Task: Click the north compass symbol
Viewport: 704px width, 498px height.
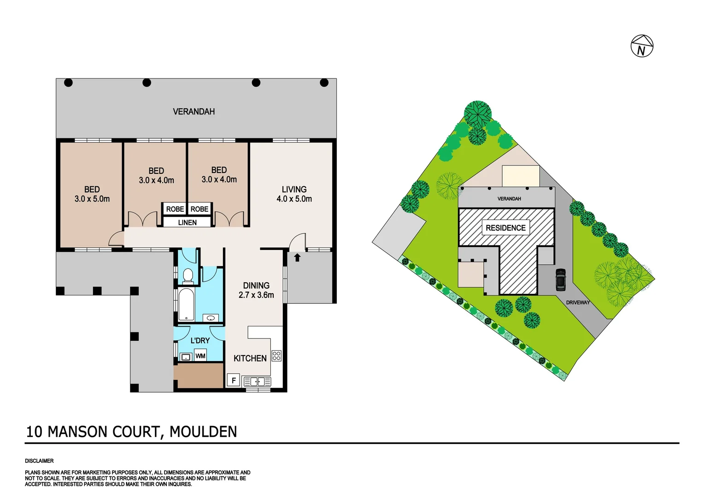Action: (642, 46)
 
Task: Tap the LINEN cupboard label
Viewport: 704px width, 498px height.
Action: (187, 223)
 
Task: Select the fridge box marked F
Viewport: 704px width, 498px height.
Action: (233, 380)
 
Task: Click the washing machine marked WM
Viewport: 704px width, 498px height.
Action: (200, 356)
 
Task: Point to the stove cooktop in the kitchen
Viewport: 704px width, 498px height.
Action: (276, 356)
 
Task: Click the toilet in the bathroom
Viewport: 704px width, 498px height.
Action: (188, 276)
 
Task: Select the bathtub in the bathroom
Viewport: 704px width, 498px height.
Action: (186, 304)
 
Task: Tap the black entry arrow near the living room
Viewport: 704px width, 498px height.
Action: (297, 257)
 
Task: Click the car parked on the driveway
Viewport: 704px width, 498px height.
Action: (561, 279)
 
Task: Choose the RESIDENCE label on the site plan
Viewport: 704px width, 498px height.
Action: (505, 228)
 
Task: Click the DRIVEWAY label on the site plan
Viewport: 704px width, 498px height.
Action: (578, 302)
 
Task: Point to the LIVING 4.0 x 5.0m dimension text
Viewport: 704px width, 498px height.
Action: (294, 194)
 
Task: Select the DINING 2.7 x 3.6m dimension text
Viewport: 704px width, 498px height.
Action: (256, 290)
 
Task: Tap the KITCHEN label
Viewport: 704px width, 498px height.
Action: (250, 358)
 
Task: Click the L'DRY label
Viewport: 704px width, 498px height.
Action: (200, 340)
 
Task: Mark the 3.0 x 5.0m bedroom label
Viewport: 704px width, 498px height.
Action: (92, 194)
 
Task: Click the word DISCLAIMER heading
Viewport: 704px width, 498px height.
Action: (39, 461)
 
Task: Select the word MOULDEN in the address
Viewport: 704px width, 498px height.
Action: (203, 432)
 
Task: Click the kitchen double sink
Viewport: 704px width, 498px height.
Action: (257, 381)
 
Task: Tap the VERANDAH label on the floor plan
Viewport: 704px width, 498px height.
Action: (194, 112)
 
